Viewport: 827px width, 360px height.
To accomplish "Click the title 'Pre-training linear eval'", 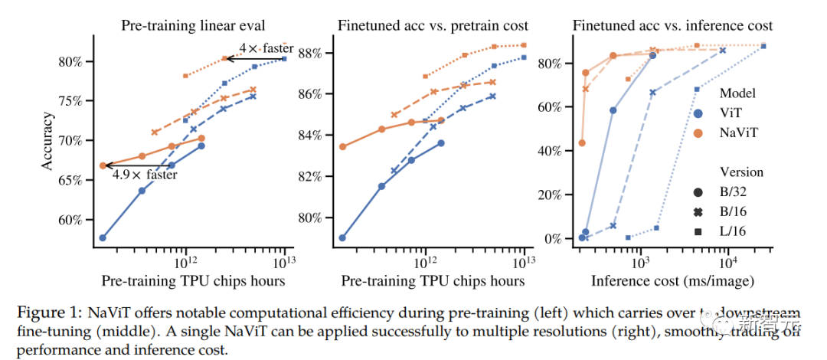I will [x=194, y=25].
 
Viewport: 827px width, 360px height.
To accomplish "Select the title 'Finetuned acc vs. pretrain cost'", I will [x=433, y=25].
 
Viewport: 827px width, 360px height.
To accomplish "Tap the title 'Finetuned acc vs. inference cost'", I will [x=673, y=25].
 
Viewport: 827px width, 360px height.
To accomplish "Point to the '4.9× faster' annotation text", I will [x=145, y=174].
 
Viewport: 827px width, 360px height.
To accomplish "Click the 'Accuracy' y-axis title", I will [x=47, y=142].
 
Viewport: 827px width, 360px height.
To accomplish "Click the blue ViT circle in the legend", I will [x=698, y=113].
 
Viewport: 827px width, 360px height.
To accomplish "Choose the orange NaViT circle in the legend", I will [x=698, y=133].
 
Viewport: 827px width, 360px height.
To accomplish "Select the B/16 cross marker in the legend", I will [x=698, y=211].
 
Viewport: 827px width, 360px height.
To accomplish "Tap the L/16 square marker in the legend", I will [x=698, y=231].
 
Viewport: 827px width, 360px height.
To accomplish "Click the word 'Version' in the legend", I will [x=741, y=172].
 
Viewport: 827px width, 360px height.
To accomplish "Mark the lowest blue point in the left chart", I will [x=103, y=237].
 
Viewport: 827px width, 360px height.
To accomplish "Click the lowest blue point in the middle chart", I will [x=342, y=237].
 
